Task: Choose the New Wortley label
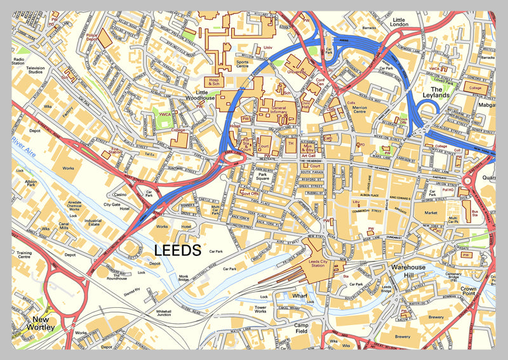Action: (38, 323)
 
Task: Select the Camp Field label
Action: (300, 328)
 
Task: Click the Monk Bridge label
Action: (184, 278)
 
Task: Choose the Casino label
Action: (120, 195)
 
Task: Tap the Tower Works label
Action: (260, 309)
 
